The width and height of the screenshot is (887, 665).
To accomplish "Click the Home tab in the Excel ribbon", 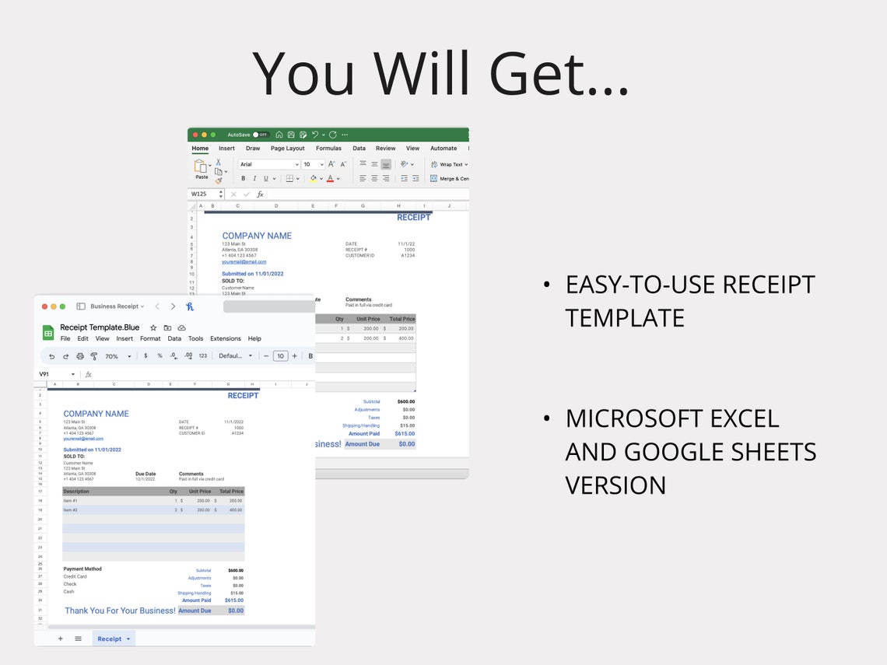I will click(200, 149).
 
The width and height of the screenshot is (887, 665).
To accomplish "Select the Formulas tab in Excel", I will click(328, 149).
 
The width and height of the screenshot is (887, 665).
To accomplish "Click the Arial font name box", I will click(268, 165).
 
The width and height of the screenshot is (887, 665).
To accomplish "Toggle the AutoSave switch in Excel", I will click(260, 135).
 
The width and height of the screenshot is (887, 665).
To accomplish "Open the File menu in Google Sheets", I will click(65, 339).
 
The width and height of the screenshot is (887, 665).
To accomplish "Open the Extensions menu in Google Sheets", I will click(226, 339).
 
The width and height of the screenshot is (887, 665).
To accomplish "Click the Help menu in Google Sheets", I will click(254, 339).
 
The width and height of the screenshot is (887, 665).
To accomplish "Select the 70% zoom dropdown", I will click(117, 356).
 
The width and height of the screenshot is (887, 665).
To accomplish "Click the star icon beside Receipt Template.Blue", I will click(153, 328).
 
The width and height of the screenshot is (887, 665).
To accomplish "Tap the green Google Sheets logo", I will click(48, 333).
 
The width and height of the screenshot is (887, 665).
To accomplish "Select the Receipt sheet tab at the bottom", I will click(113, 639).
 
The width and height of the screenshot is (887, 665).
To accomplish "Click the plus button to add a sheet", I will click(61, 639).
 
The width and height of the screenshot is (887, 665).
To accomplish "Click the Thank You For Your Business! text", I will click(120, 611).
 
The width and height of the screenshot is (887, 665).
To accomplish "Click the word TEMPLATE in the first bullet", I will click(625, 318).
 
